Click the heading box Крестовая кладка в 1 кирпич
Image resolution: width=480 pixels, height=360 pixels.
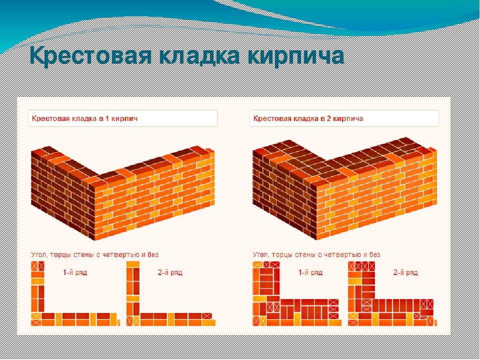click(x=123, y=118)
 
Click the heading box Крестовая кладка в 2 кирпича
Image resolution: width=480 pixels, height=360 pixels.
click(x=344, y=118)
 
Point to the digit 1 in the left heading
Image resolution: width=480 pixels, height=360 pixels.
click(x=107, y=118)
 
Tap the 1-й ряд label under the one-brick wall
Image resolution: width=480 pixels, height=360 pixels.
click(x=75, y=272)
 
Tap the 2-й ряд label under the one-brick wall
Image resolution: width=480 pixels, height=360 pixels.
click(x=170, y=272)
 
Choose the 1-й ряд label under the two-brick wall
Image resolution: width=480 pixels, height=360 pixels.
click(x=310, y=272)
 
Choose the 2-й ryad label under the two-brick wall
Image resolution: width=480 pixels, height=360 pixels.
click(x=405, y=272)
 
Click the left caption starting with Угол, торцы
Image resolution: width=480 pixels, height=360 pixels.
click(x=94, y=254)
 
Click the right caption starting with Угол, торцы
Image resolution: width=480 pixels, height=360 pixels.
click(x=316, y=254)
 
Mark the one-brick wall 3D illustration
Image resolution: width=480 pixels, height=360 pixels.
click(x=122, y=193)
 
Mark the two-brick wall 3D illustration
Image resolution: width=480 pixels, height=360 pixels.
click(x=344, y=188)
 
